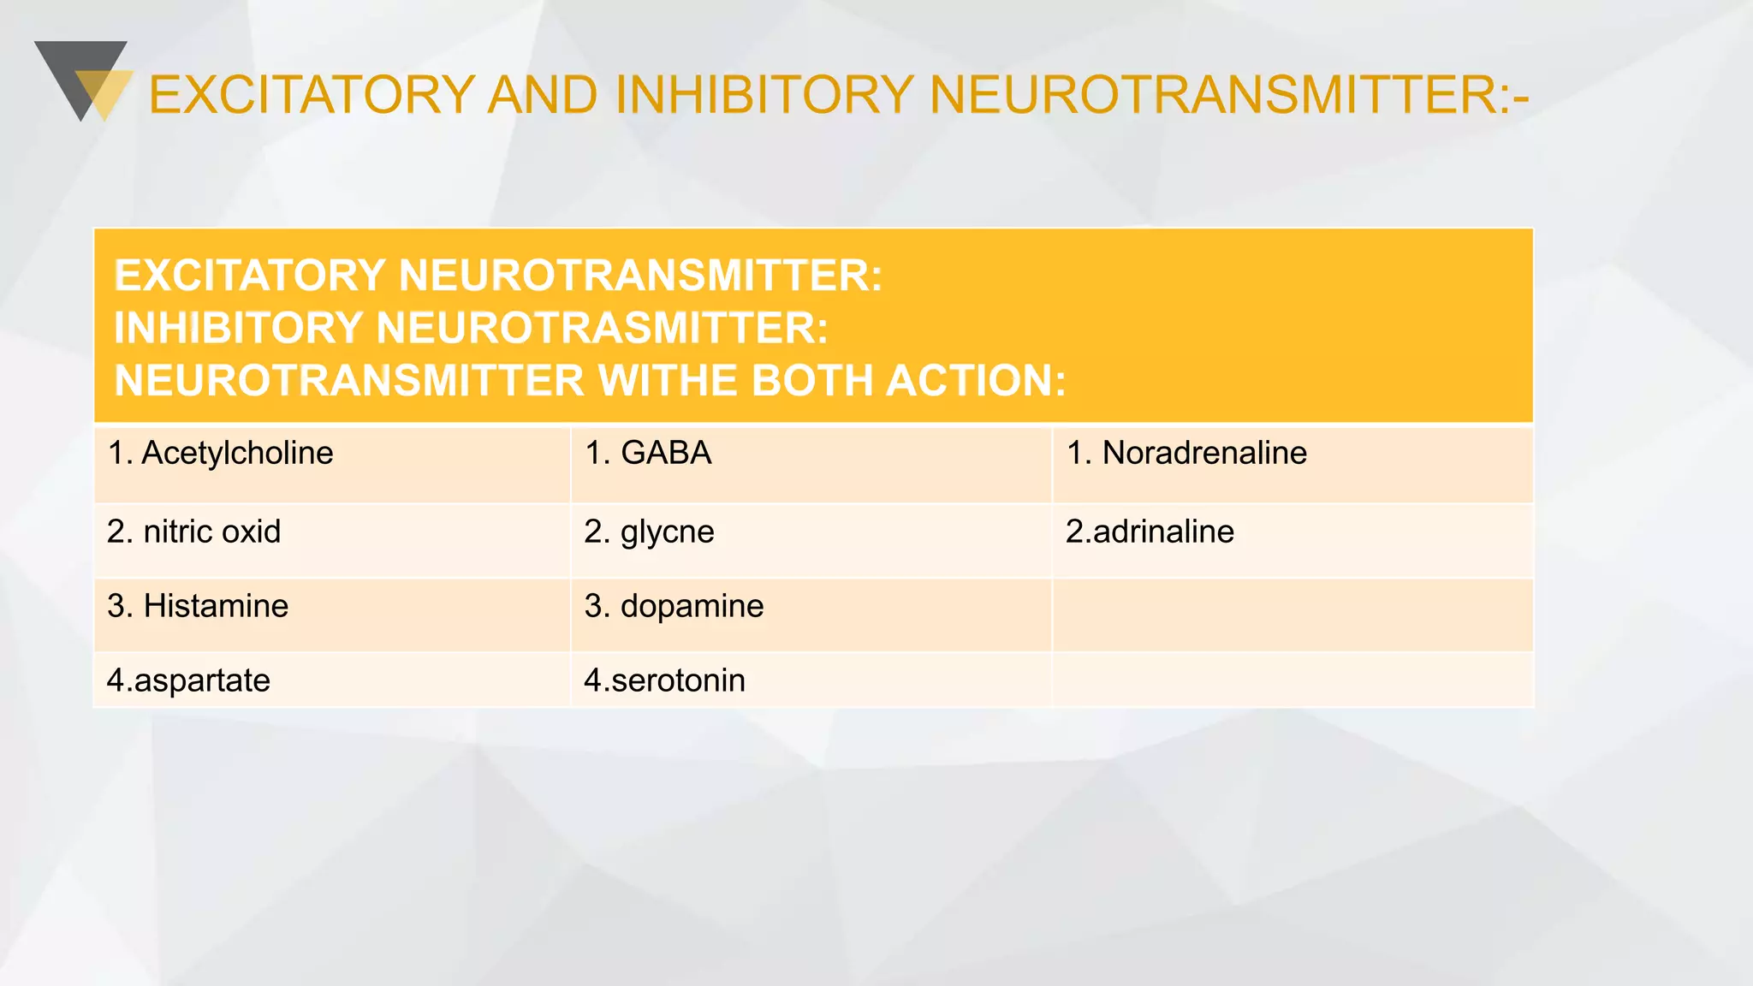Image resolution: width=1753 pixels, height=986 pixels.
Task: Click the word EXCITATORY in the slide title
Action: click(x=312, y=94)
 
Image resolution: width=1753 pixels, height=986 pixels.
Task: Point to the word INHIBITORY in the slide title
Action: click(x=764, y=94)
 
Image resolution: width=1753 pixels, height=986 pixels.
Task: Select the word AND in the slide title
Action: click(x=543, y=94)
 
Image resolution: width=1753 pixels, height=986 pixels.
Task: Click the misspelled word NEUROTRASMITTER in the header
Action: click(x=602, y=328)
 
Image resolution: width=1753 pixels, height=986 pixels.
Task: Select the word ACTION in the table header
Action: click(x=976, y=381)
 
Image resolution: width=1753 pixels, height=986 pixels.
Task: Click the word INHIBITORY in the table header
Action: click(x=239, y=328)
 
